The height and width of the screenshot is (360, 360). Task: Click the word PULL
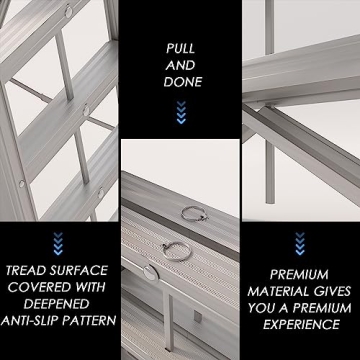point(181,46)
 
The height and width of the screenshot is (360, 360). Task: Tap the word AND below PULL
point(181,64)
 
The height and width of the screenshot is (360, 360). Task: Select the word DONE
point(181,82)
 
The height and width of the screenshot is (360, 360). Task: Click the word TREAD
point(31,270)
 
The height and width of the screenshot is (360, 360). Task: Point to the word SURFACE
point(83,270)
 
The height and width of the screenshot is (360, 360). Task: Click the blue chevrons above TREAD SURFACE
point(59,241)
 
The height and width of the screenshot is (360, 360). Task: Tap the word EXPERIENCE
point(300,323)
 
